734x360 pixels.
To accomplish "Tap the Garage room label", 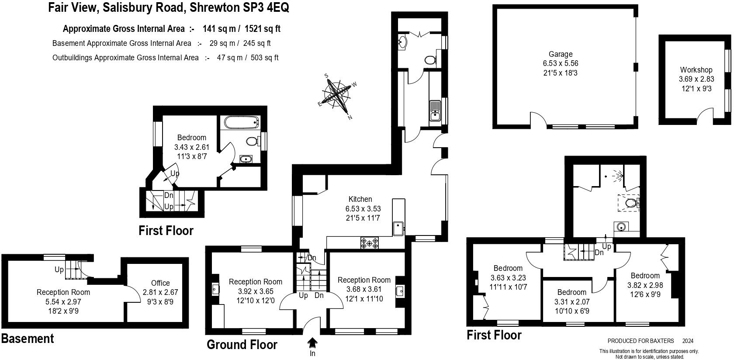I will click(x=561, y=55).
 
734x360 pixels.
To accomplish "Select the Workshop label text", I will click(x=696, y=70).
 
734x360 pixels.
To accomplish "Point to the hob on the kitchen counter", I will click(x=370, y=242).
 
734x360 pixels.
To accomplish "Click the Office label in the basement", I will click(x=160, y=283).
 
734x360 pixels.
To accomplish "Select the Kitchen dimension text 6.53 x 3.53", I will click(x=363, y=209).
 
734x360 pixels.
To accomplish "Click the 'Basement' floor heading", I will click(x=28, y=339).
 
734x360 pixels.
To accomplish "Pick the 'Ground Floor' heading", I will click(x=242, y=345).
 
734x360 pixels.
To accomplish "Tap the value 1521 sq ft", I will click(x=262, y=29).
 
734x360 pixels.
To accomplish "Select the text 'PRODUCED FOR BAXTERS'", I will click(x=641, y=341).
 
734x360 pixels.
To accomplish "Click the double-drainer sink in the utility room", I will click(x=435, y=111).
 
